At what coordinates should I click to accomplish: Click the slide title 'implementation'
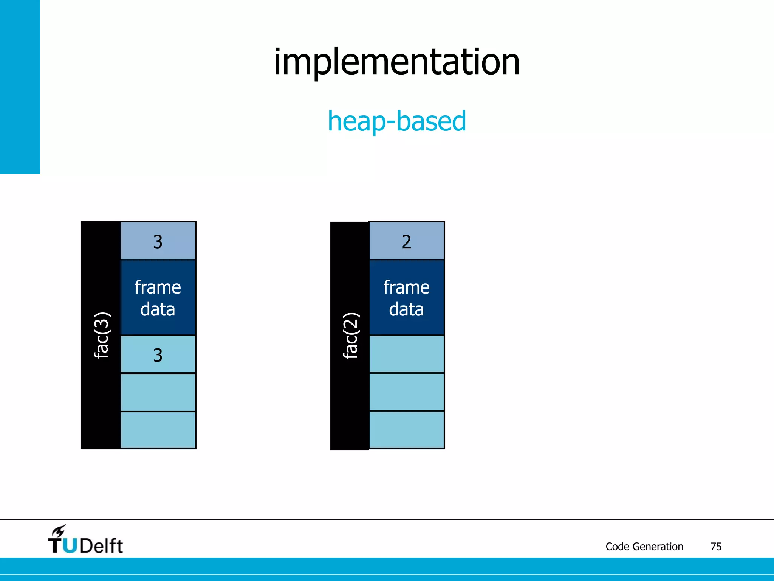(397, 62)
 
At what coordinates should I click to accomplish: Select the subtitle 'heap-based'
(397, 121)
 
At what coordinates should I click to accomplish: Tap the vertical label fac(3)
(101, 335)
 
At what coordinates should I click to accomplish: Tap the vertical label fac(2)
(350, 335)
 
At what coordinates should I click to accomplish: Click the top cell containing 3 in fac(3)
(158, 241)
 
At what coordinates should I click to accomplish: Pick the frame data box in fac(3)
(158, 298)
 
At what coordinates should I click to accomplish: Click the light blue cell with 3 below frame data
(158, 355)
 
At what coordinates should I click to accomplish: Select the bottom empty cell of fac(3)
(158, 430)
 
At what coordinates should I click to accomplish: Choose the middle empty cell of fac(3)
(158, 392)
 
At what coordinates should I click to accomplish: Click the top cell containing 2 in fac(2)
(407, 241)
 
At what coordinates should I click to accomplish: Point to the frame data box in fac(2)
(407, 298)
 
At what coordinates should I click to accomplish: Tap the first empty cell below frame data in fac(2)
(407, 354)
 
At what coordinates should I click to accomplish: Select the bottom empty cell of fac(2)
(407, 430)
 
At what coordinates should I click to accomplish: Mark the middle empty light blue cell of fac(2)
(407, 392)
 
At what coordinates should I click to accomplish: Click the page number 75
(716, 547)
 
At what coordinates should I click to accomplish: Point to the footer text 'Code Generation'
(644, 547)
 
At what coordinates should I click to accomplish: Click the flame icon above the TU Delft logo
(59, 531)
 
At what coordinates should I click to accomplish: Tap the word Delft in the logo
(101, 546)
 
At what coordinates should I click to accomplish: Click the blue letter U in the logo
(70, 546)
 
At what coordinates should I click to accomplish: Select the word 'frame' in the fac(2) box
(407, 287)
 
